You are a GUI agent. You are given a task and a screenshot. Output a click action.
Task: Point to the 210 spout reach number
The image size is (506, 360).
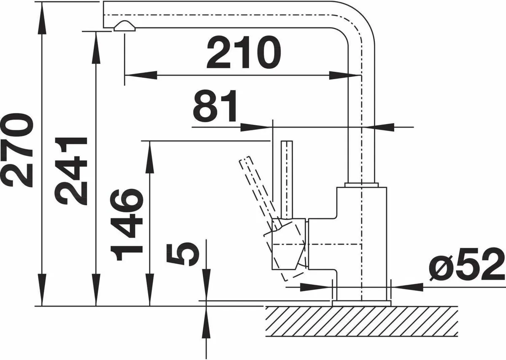pos(244,53)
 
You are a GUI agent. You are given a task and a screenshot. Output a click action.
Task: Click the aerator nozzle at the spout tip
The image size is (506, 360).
pos(124,27)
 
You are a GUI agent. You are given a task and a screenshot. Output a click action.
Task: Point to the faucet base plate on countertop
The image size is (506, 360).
pos(361,303)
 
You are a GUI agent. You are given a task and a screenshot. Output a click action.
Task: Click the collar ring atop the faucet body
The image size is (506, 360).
pos(361,185)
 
